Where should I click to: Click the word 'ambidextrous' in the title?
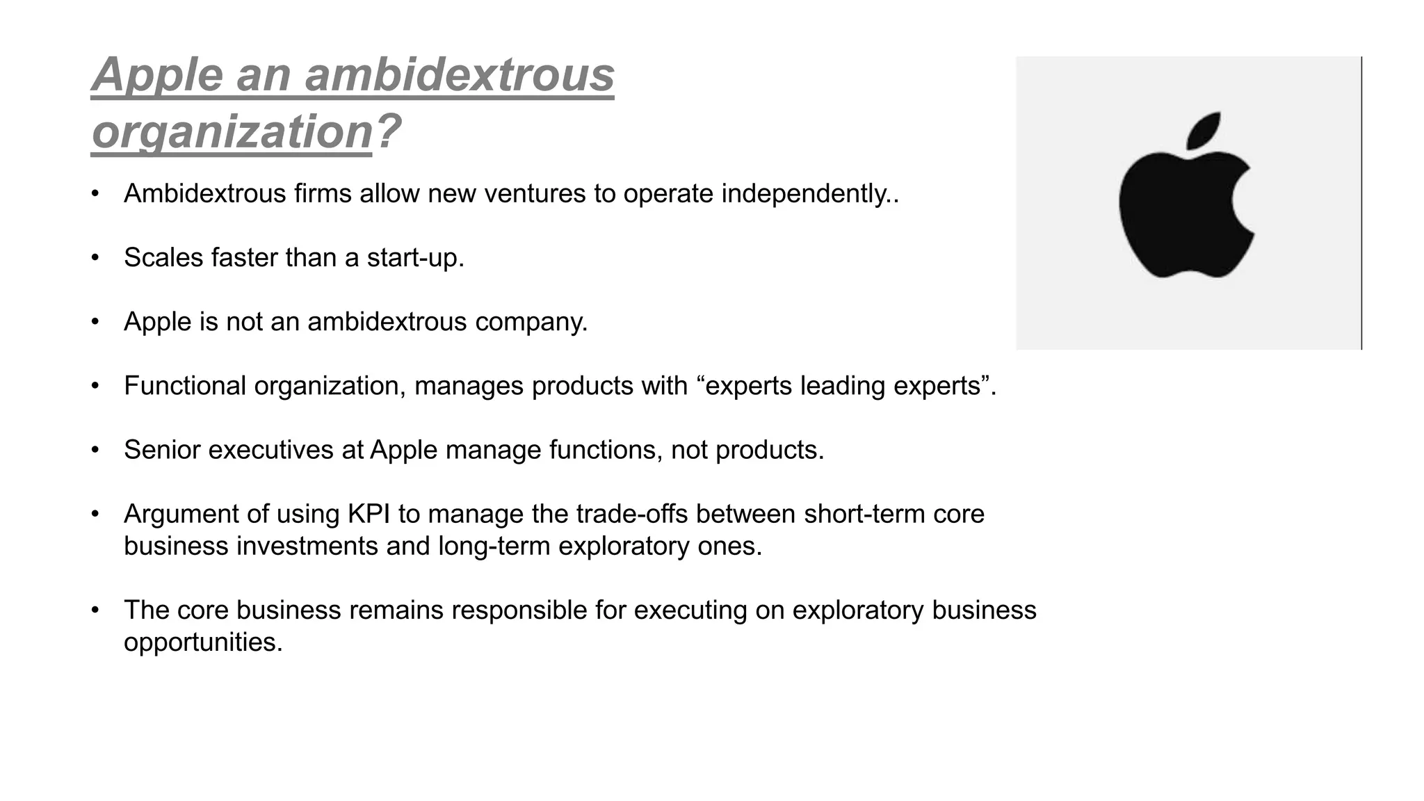click(x=460, y=74)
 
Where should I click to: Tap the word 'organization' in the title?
click(x=232, y=131)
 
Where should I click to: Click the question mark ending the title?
click(x=388, y=131)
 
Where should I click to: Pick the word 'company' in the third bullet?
click(x=528, y=322)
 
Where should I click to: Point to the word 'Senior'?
click(x=162, y=450)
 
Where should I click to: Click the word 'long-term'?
click(x=494, y=547)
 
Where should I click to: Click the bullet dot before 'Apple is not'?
click(x=95, y=322)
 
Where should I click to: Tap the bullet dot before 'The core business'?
click(x=95, y=610)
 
